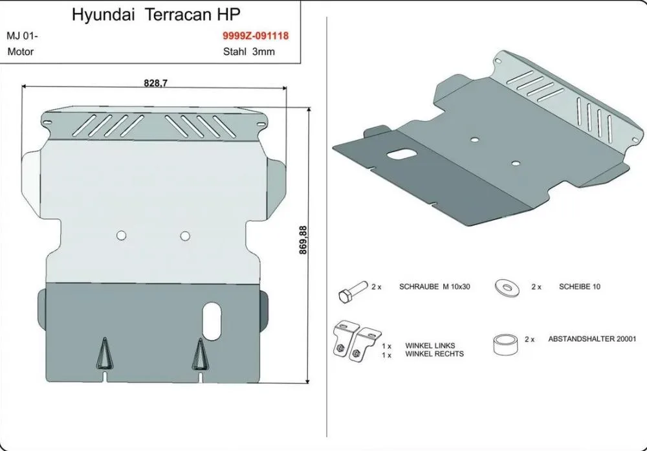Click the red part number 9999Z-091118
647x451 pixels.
pyautogui.click(x=256, y=36)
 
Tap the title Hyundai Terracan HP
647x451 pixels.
pyautogui.click(x=156, y=15)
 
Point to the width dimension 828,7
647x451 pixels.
pyautogui.click(x=155, y=83)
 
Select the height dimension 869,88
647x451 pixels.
pyautogui.click(x=303, y=240)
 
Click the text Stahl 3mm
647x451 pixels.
pyautogui.click(x=249, y=52)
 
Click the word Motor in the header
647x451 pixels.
pyautogui.click(x=21, y=52)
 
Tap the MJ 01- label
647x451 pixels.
pyautogui.click(x=22, y=36)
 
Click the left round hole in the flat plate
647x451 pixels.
pyautogui.click(x=122, y=235)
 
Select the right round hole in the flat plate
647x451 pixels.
pyautogui.click(x=185, y=236)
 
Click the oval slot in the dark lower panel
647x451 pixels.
pyautogui.click(x=212, y=322)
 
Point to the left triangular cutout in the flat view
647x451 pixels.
pyautogui.click(x=105, y=354)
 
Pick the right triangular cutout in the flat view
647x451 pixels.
pyautogui.click(x=200, y=355)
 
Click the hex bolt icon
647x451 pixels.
pyautogui.click(x=352, y=292)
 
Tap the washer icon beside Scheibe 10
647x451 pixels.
pyautogui.click(x=507, y=287)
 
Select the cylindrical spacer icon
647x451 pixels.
pyautogui.click(x=505, y=344)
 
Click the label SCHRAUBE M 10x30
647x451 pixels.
pyautogui.click(x=435, y=287)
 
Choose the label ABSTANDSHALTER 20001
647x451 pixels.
pyautogui.click(x=592, y=339)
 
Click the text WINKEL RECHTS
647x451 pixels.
pyautogui.click(x=435, y=354)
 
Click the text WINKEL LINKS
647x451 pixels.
pyautogui.click(x=430, y=346)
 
